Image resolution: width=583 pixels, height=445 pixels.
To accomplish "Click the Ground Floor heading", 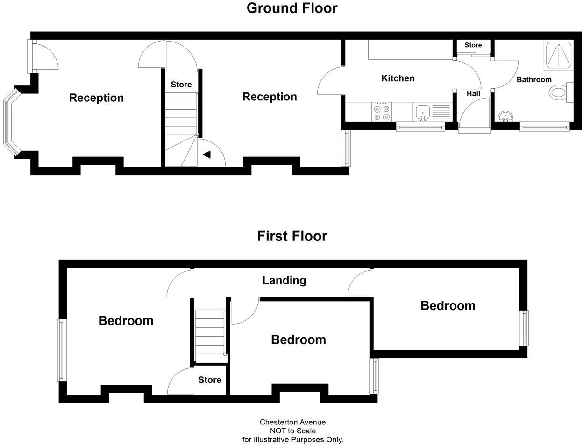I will [x=291, y=8].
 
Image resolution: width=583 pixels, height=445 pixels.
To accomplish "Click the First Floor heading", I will [x=291, y=236].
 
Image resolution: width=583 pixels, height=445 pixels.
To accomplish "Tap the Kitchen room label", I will [x=398, y=78].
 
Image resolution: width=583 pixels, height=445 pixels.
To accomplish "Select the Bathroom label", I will [x=533, y=79].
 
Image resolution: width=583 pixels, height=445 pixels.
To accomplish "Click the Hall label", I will [x=473, y=93].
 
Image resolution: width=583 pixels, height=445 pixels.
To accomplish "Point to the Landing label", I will [x=284, y=280].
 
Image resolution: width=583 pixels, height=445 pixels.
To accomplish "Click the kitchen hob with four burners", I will [x=382, y=112].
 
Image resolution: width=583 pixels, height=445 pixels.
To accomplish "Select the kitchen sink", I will [x=422, y=112].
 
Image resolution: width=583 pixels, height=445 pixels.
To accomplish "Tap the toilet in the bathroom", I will [x=559, y=92].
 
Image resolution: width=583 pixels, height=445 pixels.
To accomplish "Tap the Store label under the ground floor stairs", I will [x=181, y=85].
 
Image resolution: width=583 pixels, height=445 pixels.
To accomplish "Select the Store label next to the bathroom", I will [x=473, y=45].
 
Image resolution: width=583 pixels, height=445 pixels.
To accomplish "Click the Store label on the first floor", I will [x=209, y=380].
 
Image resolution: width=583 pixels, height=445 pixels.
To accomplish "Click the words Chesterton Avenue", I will [x=292, y=422].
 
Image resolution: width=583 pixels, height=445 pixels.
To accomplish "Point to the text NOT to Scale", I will [x=292, y=431].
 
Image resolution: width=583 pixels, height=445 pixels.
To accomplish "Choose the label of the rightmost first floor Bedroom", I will [x=448, y=305].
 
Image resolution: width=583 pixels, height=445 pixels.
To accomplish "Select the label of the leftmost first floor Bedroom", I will [x=126, y=320].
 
